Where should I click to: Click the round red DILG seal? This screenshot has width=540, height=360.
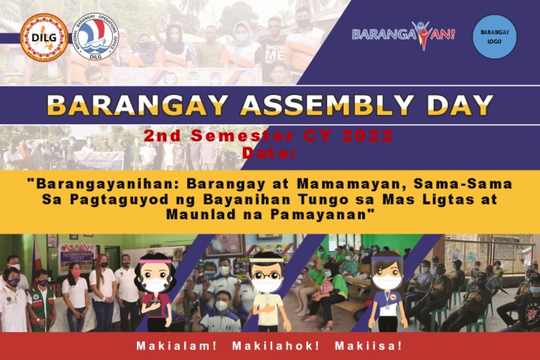44,37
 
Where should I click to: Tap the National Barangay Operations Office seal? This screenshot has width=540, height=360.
95,37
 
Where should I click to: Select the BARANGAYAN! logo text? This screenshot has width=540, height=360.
403,34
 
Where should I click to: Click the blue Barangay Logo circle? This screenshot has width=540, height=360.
494,37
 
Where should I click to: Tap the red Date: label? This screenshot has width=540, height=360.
269,152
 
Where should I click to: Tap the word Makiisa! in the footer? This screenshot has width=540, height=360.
368,346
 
